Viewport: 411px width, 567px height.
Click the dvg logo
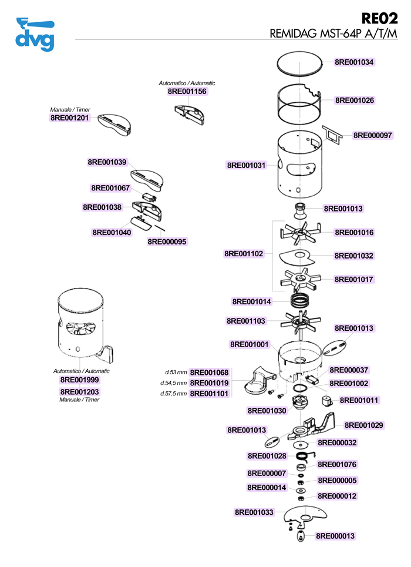tap(35, 35)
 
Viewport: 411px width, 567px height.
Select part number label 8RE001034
tap(354, 62)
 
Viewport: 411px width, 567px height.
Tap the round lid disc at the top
tap(301, 62)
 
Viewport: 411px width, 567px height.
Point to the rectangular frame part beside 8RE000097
tap(333, 135)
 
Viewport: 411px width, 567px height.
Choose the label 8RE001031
tap(246, 166)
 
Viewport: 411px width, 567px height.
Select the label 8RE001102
tap(244, 254)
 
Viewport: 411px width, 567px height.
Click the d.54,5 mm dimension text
tap(173, 383)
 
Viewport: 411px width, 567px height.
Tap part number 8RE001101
tap(209, 394)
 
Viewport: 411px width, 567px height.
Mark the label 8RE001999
tap(80, 380)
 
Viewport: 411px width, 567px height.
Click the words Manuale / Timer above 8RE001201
tap(70, 109)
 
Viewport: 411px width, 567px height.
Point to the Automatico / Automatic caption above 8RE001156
tap(187, 83)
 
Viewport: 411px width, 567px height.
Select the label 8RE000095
tap(167, 241)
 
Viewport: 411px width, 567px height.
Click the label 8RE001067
tap(110, 188)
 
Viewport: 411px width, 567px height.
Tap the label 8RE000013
tap(335, 536)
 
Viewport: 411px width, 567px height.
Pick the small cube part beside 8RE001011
tap(325, 401)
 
